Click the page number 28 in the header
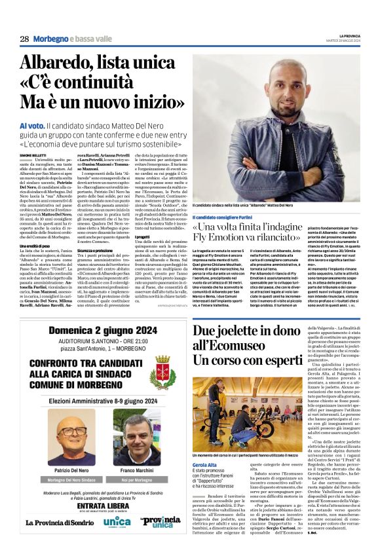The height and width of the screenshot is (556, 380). coord(24,39)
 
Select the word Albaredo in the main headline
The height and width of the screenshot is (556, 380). coord(63,65)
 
